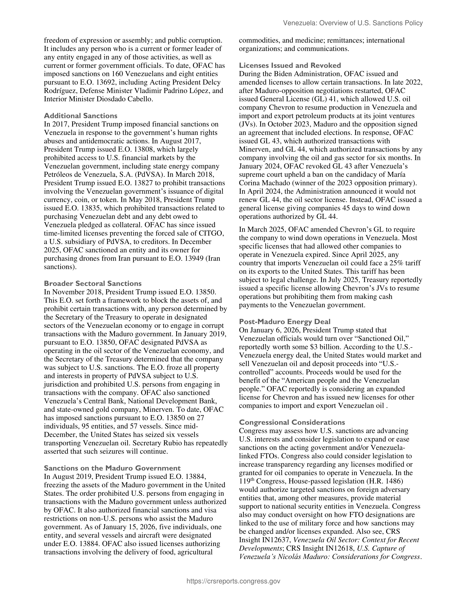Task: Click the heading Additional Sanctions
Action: click(x=81, y=116)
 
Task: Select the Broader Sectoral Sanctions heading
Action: click(x=93, y=283)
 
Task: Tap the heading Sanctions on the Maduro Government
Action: click(x=112, y=468)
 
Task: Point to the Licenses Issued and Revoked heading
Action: click(x=290, y=66)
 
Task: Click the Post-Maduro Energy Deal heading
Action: click(x=285, y=322)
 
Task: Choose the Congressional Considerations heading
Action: click(x=292, y=422)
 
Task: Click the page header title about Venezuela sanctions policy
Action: click(x=353, y=23)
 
